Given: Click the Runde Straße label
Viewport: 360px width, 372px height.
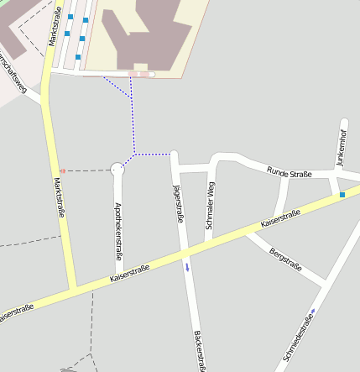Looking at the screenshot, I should click(290, 173).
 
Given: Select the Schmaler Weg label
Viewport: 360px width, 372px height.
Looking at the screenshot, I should click(210, 207).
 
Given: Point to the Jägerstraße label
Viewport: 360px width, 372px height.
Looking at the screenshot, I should click(177, 203).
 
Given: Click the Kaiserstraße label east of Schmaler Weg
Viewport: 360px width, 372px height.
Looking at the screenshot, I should click(280, 220).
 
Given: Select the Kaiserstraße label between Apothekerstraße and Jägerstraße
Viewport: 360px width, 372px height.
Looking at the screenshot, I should click(129, 274).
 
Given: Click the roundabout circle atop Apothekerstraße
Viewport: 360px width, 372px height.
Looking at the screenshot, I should click(117, 170).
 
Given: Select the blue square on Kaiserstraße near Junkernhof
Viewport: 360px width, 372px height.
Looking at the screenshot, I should click(342, 195).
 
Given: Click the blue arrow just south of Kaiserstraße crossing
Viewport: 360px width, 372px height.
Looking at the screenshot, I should click(187, 268).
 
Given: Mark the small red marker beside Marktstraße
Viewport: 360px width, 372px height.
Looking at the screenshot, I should click(62, 170).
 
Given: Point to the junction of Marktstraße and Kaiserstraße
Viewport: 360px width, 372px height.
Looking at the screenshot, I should click(75, 291).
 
